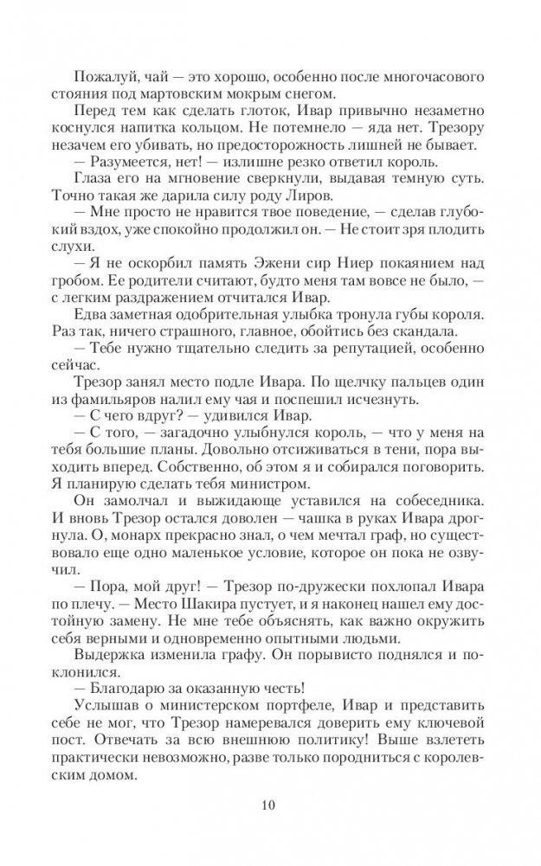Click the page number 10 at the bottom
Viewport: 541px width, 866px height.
(269, 808)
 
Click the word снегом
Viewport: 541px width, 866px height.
(315, 94)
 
